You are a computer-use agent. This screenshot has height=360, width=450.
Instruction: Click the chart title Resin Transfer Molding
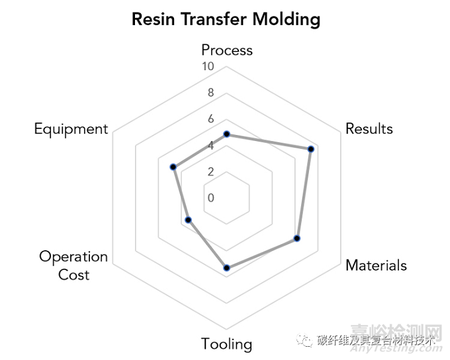pyautogui.click(x=226, y=19)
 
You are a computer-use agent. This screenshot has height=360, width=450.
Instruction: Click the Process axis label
pyautogui.click(x=227, y=50)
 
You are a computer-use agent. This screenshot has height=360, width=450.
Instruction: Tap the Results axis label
pyautogui.click(x=369, y=128)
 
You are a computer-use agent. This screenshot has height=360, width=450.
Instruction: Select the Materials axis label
pyautogui.click(x=376, y=265)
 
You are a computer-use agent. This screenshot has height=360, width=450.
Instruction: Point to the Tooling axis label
pyautogui.click(x=227, y=344)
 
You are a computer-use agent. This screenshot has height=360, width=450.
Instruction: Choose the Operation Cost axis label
pyautogui.click(x=73, y=265)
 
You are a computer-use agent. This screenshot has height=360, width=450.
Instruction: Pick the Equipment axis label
pyautogui.click(x=71, y=128)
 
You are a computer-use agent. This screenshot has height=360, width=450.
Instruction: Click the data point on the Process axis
pyautogui.click(x=227, y=134)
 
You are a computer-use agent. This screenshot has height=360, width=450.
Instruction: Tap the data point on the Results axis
pyautogui.click(x=311, y=149)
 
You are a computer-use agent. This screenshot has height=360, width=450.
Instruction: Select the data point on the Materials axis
pyautogui.click(x=297, y=238)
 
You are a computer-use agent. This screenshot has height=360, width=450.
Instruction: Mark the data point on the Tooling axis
pyautogui.click(x=227, y=268)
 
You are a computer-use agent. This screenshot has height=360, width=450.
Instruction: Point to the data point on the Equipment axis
pyautogui.click(x=173, y=167)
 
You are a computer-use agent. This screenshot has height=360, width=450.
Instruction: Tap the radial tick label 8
pyautogui.click(x=210, y=93)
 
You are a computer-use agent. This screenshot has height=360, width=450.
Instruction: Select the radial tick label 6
pyautogui.click(x=210, y=119)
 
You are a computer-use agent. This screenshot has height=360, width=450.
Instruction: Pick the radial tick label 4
pyautogui.click(x=210, y=146)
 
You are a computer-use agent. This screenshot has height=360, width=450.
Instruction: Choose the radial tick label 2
pyautogui.click(x=210, y=172)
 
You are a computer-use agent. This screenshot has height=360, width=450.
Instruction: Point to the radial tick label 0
pyautogui.click(x=210, y=198)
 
